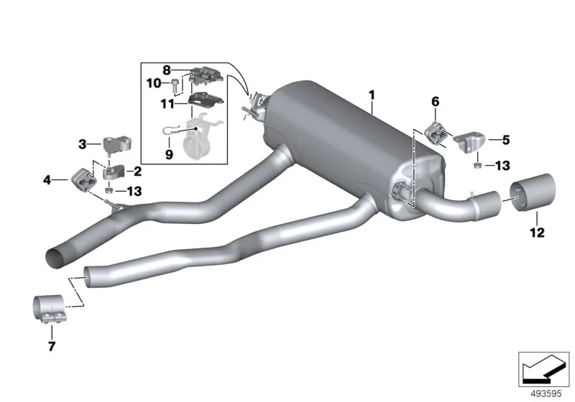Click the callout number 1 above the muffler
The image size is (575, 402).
(x=372, y=95)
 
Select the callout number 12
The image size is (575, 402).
(x=537, y=232)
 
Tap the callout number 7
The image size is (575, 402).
(x=51, y=346)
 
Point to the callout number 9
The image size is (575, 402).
(x=169, y=154)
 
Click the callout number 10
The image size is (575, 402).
(x=154, y=83)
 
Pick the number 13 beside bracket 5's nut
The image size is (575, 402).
(x=502, y=166)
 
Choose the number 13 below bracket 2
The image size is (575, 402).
(x=134, y=191)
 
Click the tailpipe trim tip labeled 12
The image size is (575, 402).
(x=533, y=192)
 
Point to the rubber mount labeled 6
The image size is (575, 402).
(x=435, y=134)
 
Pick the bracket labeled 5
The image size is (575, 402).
(x=470, y=143)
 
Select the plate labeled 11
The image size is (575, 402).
(x=205, y=100)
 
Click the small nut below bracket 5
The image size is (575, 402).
(x=477, y=166)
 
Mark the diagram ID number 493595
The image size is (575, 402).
(x=546, y=394)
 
